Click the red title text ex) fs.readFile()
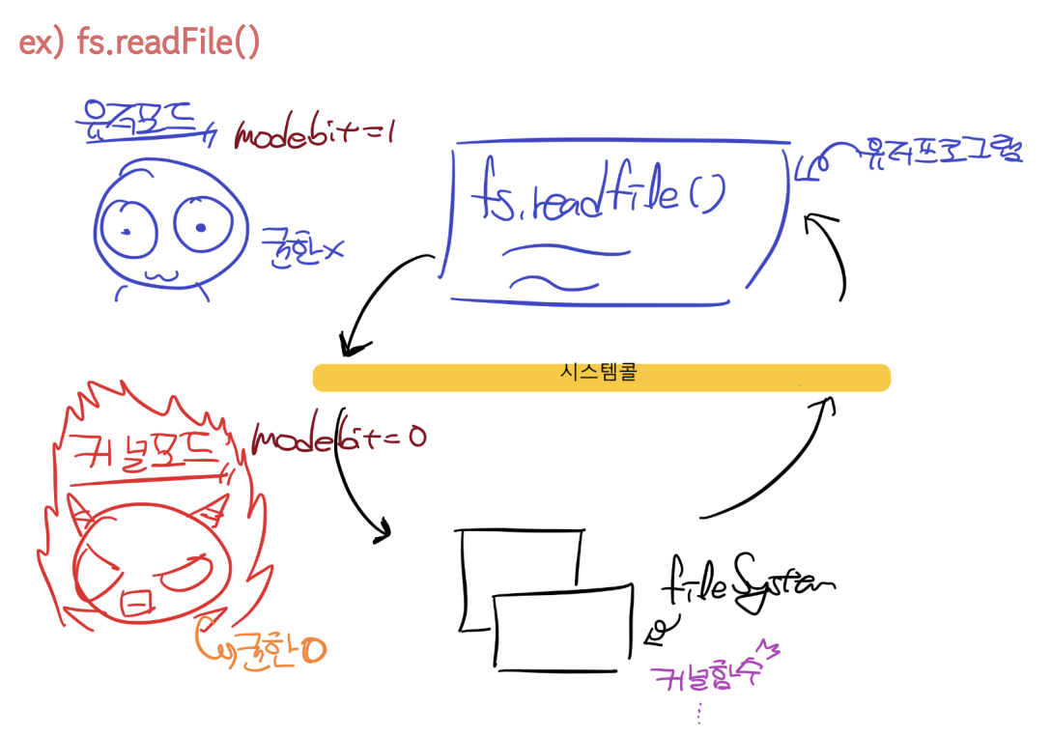click(139, 43)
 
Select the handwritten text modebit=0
click(338, 439)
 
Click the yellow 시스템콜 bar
click(601, 377)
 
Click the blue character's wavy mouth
click(162, 275)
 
